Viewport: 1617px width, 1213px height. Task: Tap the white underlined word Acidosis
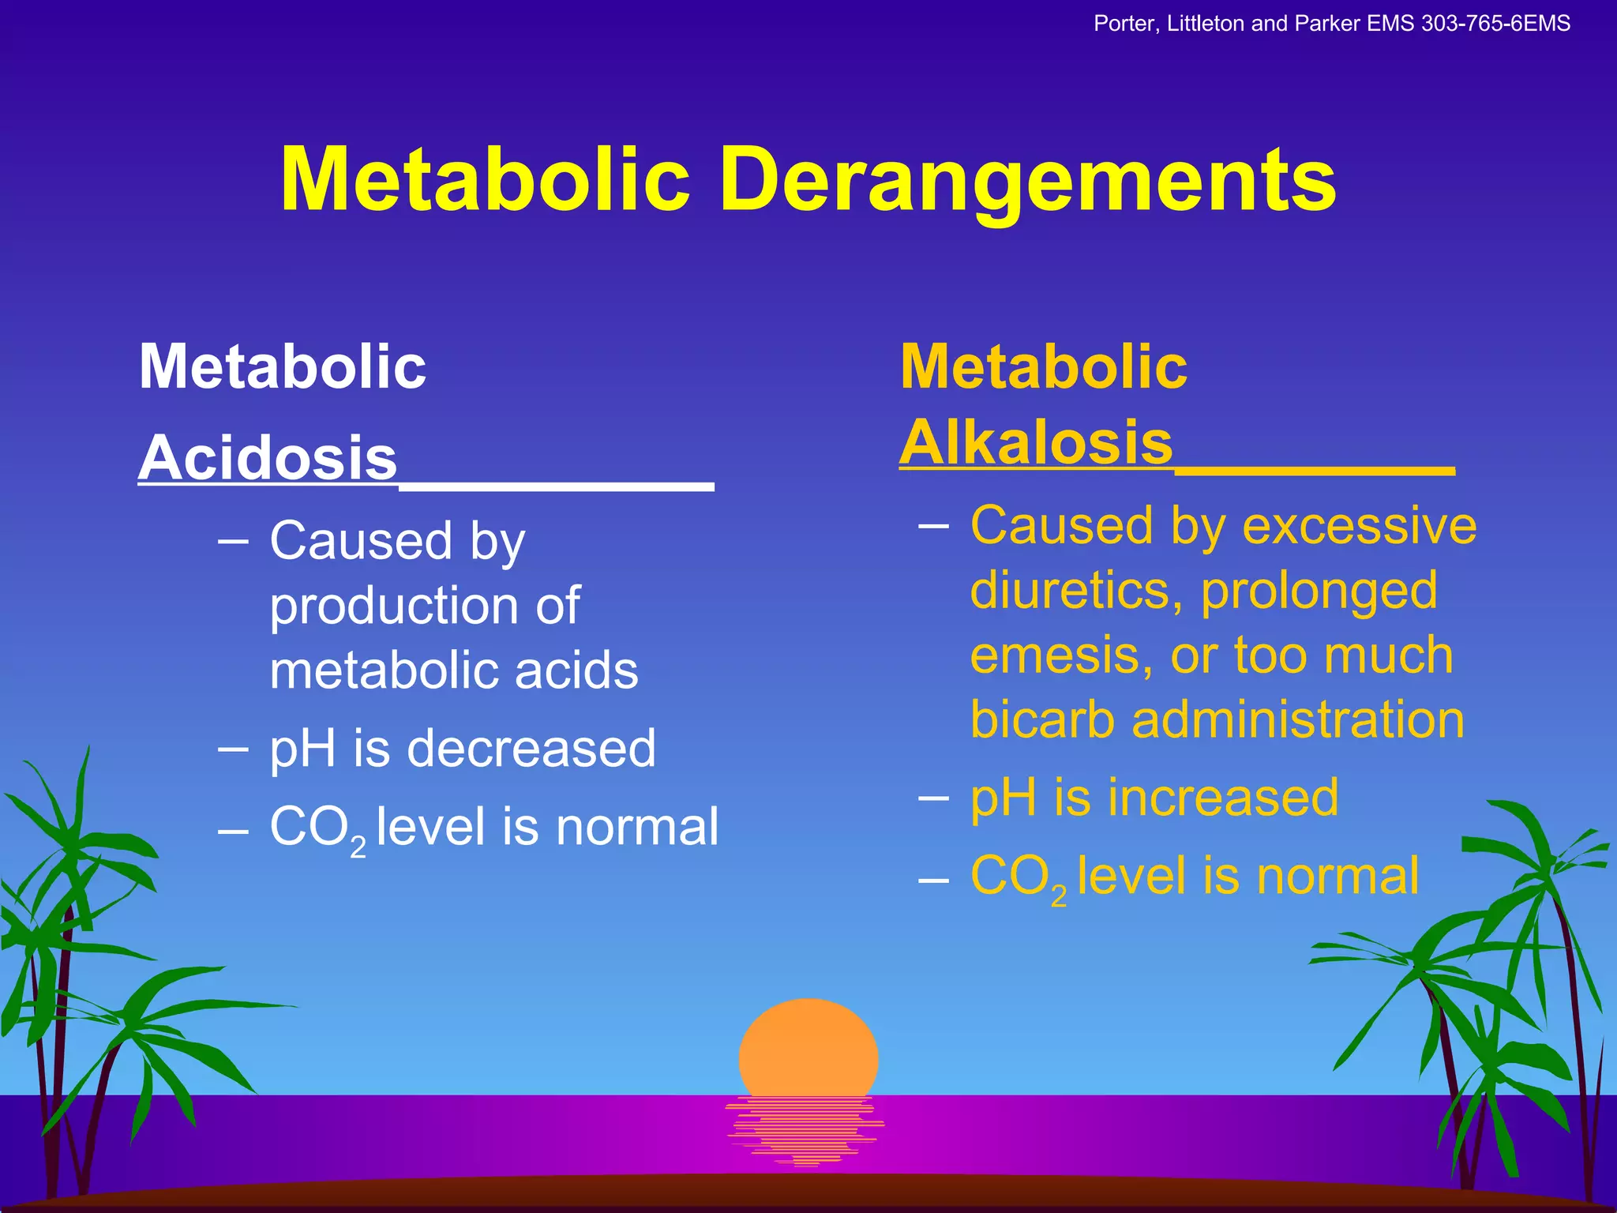(268, 459)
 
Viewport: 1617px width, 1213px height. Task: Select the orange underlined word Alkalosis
(1037, 443)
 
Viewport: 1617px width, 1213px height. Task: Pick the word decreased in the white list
(531, 749)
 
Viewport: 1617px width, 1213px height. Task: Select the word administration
(1298, 720)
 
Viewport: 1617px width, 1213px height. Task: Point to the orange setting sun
(808, 1050)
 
